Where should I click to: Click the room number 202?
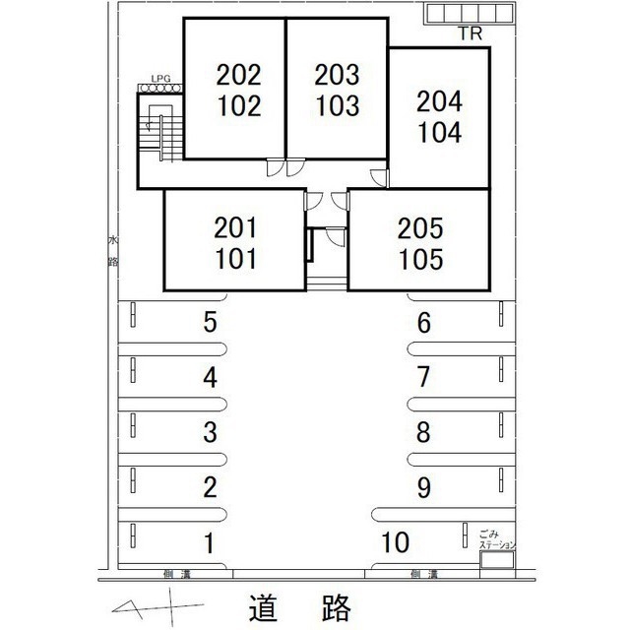pyautogui.click(x=239, y=74)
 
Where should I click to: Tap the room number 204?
pyautogui.click(x=439, y=100)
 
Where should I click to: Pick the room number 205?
pyautogui.click(x=421, y=229)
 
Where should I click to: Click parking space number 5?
pyautogui.click(x=210, y=321)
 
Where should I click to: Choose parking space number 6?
pyautogui.click(x=424, y=322)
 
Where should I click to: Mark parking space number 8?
pyautogui.click(x=424, y=431)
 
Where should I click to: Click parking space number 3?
pyautogui.click(x=210, y=431)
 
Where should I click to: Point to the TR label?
pyautogui.click(x=469, y=35)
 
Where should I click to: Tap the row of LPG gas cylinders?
pyautogui.click(x=160, y=89)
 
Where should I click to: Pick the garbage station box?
pyautogui.click(x=495, y=560)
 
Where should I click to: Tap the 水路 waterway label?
pyautogui.click(x=112, y=250)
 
